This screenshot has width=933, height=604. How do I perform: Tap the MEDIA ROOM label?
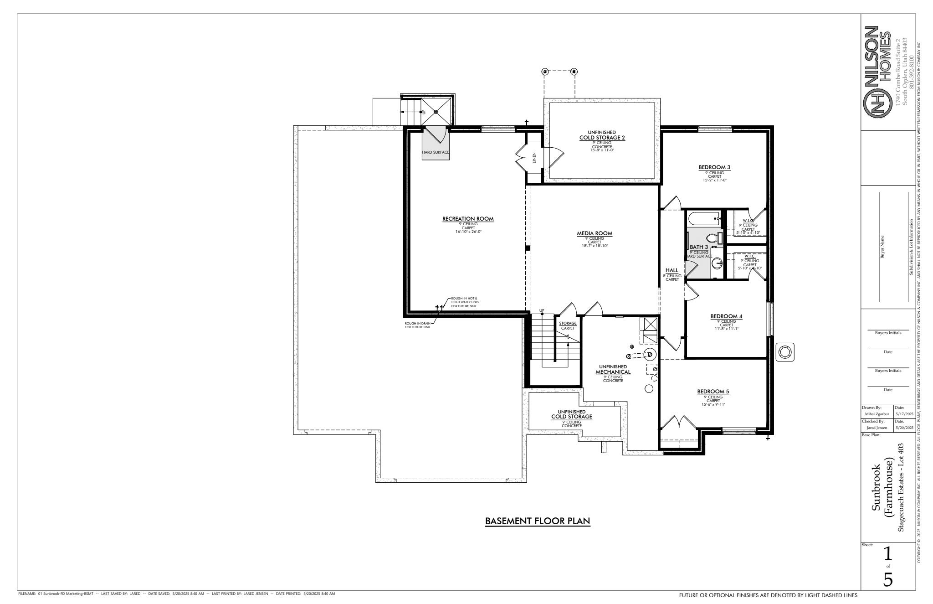point(595,233)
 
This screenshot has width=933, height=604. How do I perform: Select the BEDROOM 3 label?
point(714,167)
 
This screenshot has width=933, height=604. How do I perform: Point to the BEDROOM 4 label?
point(726,316)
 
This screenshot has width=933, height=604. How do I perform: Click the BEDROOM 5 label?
point(713,392)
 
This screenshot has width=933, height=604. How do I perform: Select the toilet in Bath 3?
point(712,238)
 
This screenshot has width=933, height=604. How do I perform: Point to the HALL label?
point(672,270)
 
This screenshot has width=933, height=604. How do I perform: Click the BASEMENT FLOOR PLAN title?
point(538,521)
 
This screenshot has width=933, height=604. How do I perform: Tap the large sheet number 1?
point(887,553)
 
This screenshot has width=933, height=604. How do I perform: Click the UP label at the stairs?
point(542,310)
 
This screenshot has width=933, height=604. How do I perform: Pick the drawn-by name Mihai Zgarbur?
point(876,414)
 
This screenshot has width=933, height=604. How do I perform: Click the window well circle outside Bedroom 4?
point(785,352)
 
